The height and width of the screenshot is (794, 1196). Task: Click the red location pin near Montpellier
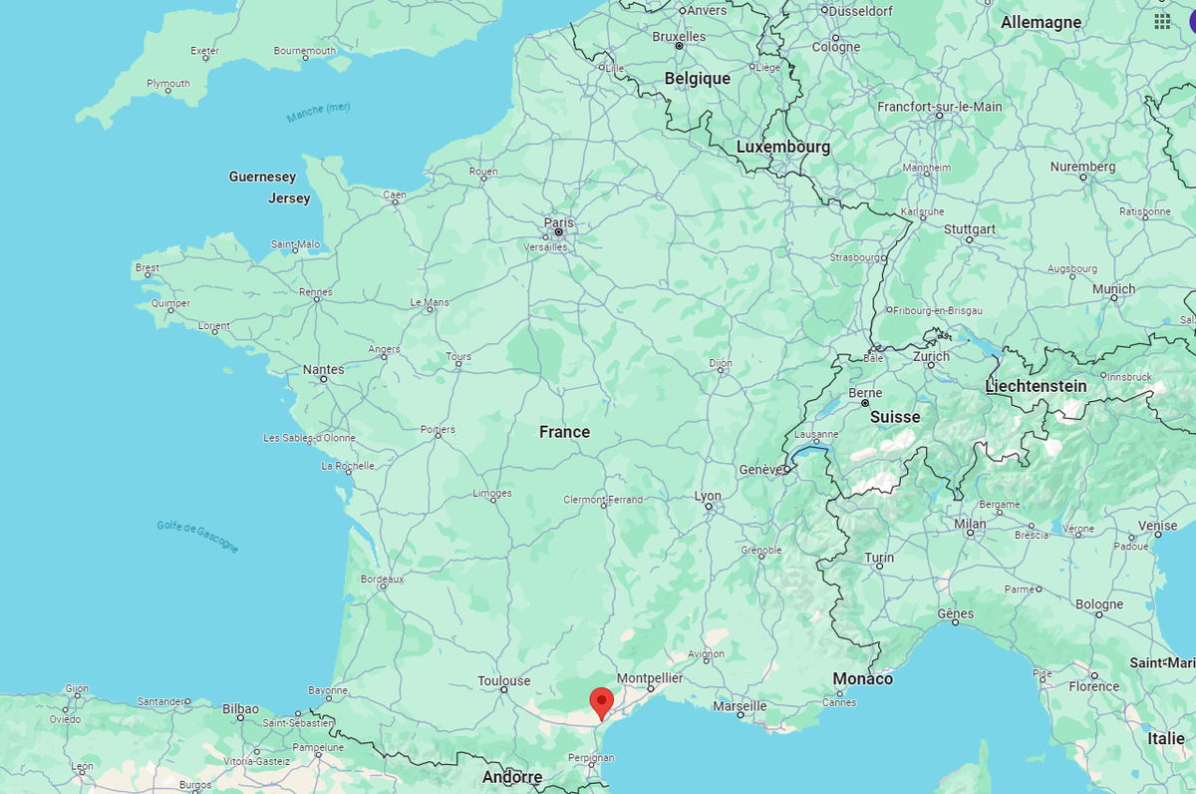coord(601,701)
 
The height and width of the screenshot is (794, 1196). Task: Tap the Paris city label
coord(558,222)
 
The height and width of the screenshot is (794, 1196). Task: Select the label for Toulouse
coord(503,681)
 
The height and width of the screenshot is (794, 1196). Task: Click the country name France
coord(564,432)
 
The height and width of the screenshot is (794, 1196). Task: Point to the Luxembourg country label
coord(782,147)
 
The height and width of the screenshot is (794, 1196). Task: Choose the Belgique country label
coord(698,79)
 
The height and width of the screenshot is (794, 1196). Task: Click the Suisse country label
coord(894,417)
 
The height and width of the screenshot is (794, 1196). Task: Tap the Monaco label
coord(863,678)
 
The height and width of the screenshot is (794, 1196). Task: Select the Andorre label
coord(512,777)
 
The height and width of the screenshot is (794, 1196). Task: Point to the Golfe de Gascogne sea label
coord(197,537)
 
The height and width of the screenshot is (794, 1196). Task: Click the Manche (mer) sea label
coord(319,112)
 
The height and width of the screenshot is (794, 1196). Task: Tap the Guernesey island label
coord(262,177)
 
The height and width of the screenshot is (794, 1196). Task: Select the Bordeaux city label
coord(382,579)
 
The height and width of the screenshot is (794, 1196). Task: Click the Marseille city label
coord(740,706)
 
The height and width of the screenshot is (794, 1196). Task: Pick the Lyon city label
coord(708,496)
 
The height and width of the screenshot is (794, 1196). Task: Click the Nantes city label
coord(323,369)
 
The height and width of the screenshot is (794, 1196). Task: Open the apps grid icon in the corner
coord(1162,21)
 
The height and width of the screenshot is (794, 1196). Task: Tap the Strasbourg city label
coord(855,257)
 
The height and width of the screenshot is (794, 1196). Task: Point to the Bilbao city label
coord(240,708)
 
